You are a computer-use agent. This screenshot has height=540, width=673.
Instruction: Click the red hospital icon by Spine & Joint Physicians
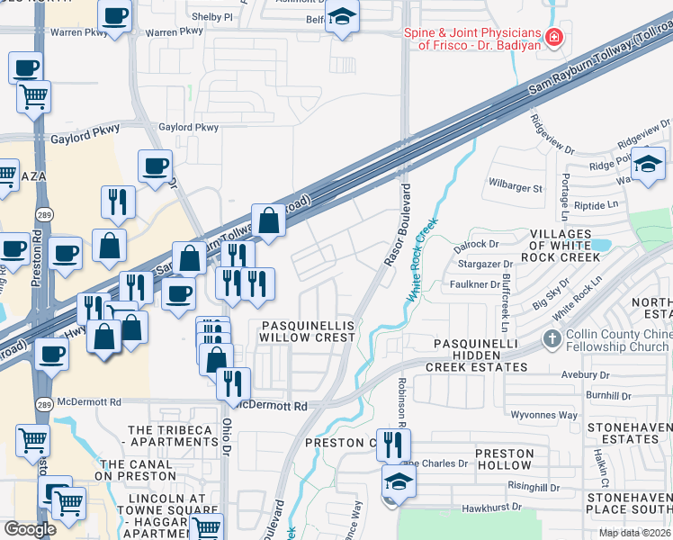[x=555, y=38]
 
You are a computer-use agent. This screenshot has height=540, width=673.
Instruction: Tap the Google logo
[x=30, y=528]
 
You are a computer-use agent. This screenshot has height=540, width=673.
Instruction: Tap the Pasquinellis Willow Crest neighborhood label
[x=308, y=330]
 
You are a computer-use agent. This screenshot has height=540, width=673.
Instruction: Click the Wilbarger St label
[x=516, y=189]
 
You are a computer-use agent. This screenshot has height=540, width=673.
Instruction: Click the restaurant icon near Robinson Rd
[x=393, y=444]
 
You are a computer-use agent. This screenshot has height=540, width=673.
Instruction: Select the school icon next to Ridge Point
[x=647, y=165]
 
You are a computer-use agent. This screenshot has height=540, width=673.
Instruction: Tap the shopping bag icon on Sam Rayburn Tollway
[x=269, y=219]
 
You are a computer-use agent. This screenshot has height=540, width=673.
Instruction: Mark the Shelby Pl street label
[x=214, y=17]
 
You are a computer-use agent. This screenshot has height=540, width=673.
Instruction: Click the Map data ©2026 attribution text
[x=635, y=533]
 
